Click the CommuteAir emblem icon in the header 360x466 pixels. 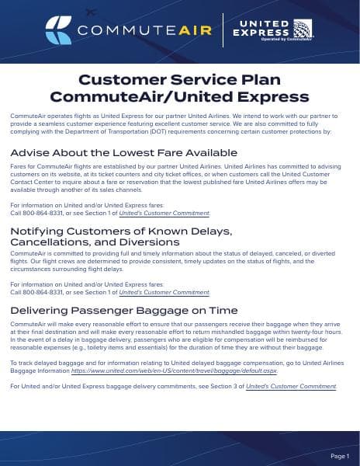pos(59,30)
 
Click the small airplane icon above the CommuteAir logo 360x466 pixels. pos(91,12)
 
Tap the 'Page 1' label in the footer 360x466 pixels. pos(340,455)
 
